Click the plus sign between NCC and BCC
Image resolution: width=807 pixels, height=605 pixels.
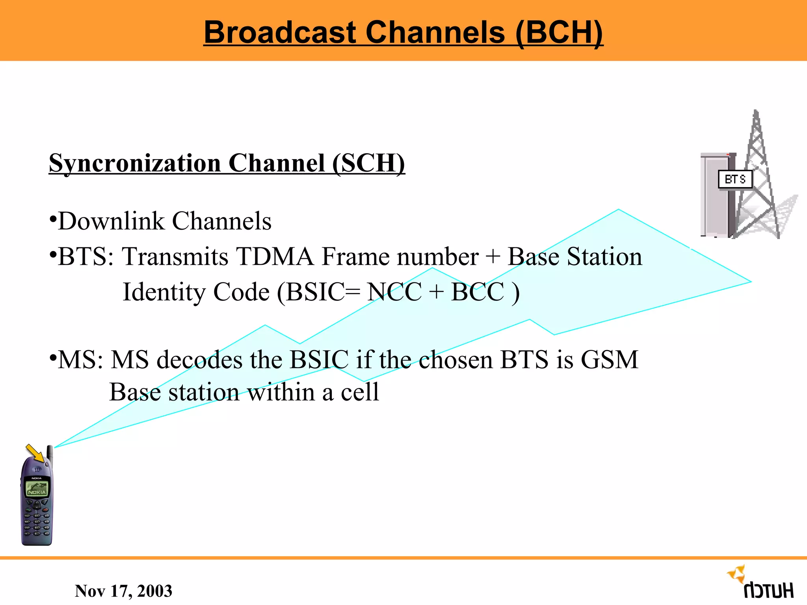point(436,292)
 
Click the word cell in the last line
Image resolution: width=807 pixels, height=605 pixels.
point(359,392)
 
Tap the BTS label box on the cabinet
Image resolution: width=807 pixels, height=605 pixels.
point(735,180)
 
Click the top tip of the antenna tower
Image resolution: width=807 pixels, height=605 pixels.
point(756,112)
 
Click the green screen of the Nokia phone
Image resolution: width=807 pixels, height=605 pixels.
point(37,489)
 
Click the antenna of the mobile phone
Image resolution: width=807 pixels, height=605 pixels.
point(50,453)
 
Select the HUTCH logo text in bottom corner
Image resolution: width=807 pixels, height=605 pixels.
point(768,591)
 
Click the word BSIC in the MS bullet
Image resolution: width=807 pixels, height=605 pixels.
point(319,360)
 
